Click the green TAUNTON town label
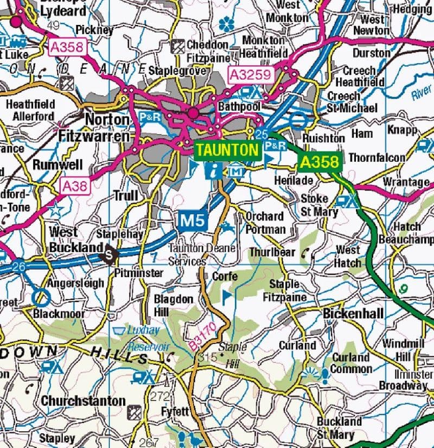coord(227,150)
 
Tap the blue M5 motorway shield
coord(193,220)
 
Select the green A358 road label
coord(320,162)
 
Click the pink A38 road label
coord(74,187)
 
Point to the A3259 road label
coord(249,75)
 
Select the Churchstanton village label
coord(83,401)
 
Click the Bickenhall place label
coord(353,313)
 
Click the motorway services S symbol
coord(111,253)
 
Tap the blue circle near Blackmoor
coord(41,297)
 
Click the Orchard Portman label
coord(265,222)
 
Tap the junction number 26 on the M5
coord(18,266)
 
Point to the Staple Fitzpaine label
coord(284,290)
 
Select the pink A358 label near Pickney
coord(67,48)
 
